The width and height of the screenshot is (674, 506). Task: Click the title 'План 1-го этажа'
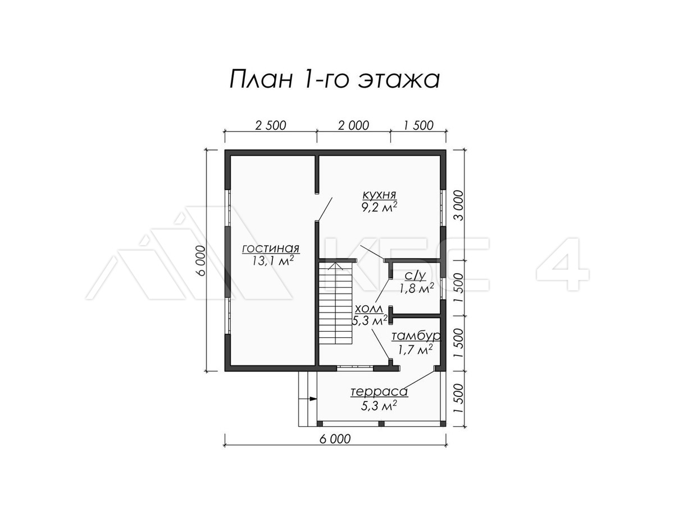(334, 79)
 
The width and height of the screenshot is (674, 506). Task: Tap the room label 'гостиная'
(270, 249)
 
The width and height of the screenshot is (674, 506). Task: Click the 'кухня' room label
(380, 195)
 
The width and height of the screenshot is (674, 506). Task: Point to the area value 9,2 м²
(380, 206)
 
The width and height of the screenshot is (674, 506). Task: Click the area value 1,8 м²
(416, 289)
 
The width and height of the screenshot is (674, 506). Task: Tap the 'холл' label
(369, 310)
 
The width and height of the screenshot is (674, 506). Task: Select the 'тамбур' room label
(416, 336)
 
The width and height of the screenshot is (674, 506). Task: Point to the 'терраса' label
(379, 392)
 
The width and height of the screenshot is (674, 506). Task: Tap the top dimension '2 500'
(270, 125)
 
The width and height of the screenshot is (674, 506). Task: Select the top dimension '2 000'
(353, 125)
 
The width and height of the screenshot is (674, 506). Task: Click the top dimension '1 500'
(418, 125)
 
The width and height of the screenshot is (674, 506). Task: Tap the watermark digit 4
(562, 263)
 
